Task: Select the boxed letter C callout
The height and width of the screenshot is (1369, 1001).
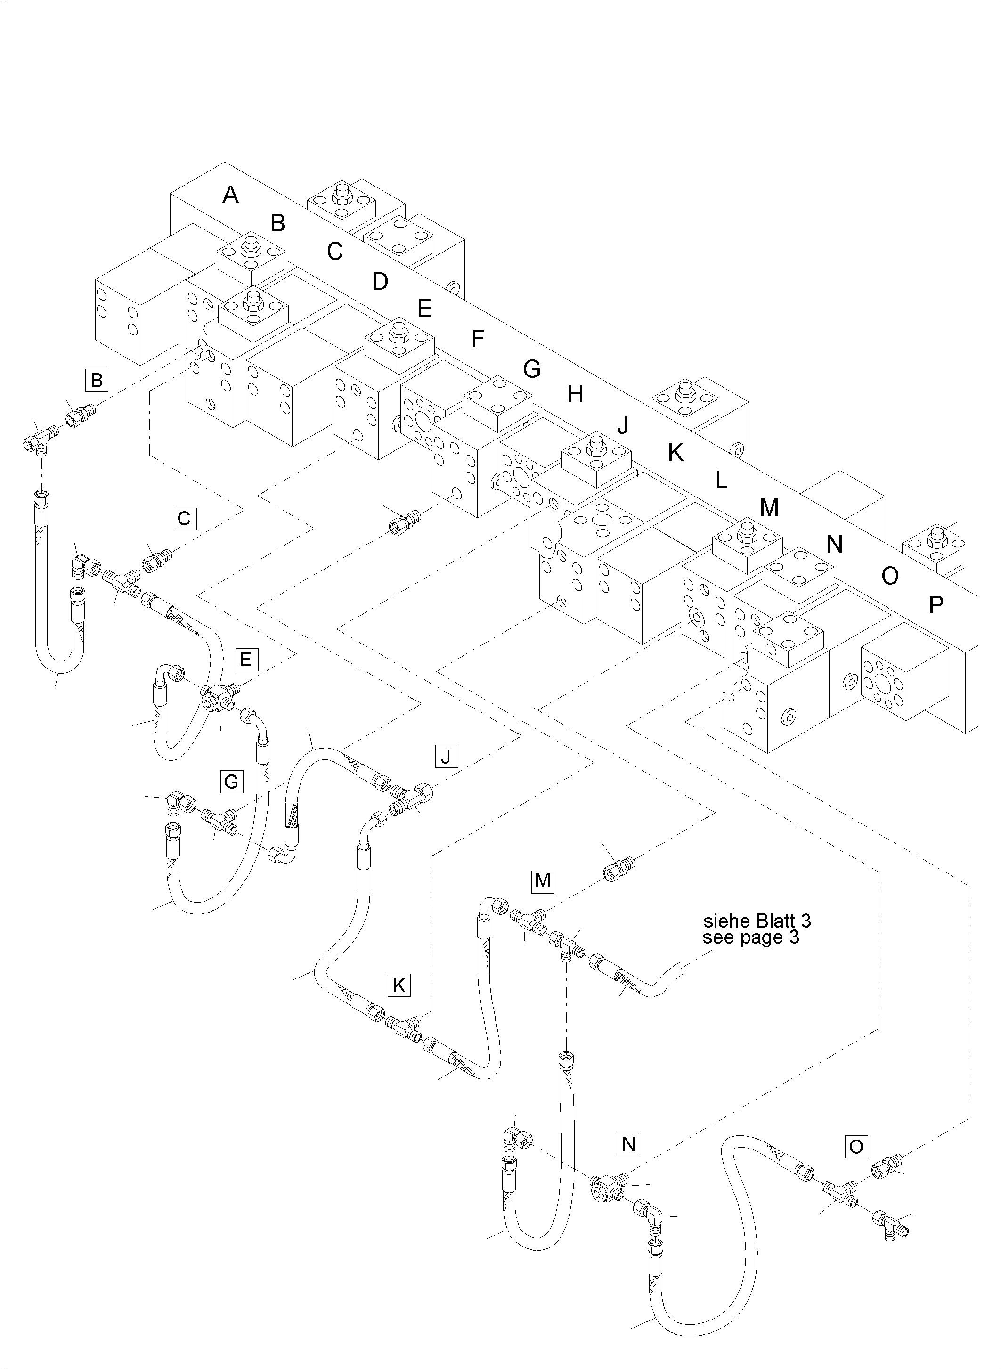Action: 184,519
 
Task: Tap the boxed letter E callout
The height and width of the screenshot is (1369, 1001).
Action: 245,659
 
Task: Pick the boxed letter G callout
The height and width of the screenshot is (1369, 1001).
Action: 231,782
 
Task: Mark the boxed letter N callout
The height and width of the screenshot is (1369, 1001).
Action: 628,1144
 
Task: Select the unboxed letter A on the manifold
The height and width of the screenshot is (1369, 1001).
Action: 230,195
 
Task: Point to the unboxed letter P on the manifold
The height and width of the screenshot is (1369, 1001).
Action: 936,604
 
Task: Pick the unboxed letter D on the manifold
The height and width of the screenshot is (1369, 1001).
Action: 380,282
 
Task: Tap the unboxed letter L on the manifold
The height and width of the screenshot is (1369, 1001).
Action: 721,481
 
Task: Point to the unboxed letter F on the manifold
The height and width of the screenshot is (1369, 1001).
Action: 478,339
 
